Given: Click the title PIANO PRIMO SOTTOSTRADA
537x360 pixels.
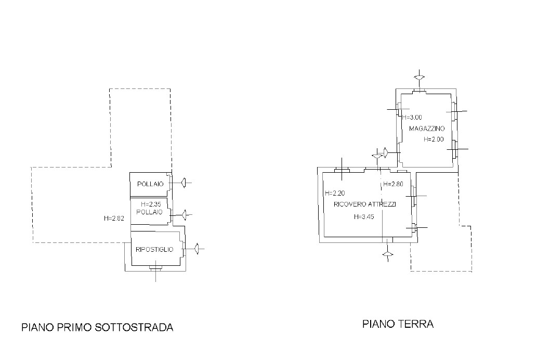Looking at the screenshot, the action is [x=97, y=327].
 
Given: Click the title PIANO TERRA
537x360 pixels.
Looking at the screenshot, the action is [x=398, y=324].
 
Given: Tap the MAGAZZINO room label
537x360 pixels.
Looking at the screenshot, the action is [x=427, y=128].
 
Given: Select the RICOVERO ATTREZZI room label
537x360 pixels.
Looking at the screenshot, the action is [x=365, y=204].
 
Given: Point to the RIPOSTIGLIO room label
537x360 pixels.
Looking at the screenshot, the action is [x=154, y=250].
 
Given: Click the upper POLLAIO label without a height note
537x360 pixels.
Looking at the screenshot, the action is [x=150, y=184].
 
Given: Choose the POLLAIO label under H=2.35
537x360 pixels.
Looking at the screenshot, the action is [x=149, y=212].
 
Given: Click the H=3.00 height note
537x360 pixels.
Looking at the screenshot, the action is [x=412, y=117].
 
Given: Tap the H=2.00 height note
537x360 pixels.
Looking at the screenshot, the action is [x=434, y=139].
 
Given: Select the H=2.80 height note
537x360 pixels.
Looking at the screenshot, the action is [x=393, y=184].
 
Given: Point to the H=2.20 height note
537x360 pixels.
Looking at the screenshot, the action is [x=335, y=193].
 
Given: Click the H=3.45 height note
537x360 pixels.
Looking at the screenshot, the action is [x=364, y=217].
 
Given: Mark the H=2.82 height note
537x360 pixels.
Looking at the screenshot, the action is [x=114, y=218].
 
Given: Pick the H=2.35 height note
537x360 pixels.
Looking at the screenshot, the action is [x=151, y=204].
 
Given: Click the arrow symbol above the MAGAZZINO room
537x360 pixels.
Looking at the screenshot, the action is [x=419, y=77].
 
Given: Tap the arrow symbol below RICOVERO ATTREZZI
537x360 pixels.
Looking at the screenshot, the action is [x=388, y=254].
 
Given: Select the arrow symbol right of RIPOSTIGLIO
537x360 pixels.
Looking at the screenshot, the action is [x=197, y=249].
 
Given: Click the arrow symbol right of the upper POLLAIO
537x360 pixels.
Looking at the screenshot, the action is [x=184, y=183].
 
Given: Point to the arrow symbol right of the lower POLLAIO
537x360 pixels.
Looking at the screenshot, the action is [x=185, y=215].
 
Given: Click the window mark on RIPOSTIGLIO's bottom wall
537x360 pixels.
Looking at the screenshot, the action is [x=156, y=268].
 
